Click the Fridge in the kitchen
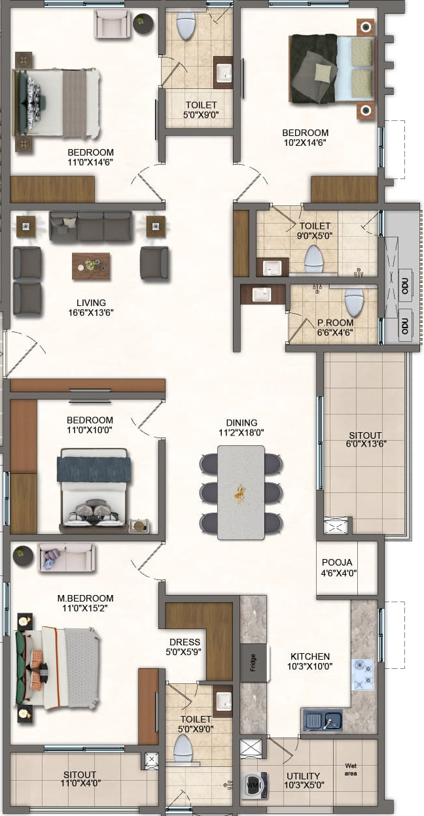coord(254,662)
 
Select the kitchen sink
coord(322,719)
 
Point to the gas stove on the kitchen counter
coord(362,674)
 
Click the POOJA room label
coord(337,562)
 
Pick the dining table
coord(241,492)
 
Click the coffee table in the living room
coord(91,266)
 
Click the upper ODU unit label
coord(404,286)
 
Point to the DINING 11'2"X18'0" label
coord(241,428)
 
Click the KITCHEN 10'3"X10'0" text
coord(310,661)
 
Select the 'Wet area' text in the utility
coord(351,770)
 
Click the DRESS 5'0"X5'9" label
coord(184,647)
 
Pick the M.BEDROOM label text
coord(85,598)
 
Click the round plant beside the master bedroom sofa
coord(23,555)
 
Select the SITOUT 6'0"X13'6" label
coord(365,439)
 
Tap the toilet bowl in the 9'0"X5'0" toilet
coord(314,259)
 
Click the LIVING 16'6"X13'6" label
coord(91,307)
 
